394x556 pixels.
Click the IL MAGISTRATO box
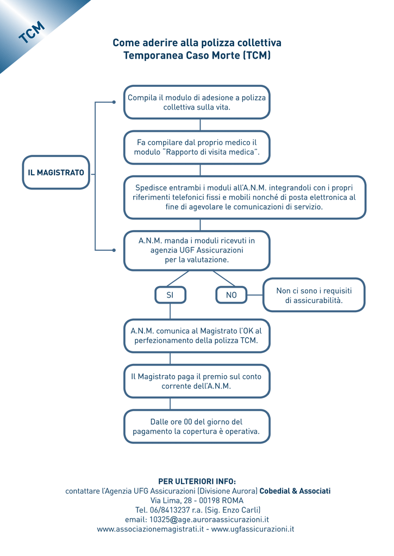(x=56, y=172)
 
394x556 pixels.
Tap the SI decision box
(x=171, y=295)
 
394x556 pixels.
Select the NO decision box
(x=232, y=295)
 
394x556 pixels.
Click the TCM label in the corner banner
(x=32, y=32)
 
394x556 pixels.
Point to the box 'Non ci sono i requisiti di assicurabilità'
(x=314, y=295)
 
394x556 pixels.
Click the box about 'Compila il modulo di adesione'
(x=197, y=102)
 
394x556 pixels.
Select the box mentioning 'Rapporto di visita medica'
(x=197, y=147)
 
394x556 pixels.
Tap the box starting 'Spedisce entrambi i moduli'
(x=245, y=197)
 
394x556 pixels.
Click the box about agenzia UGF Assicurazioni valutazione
(x=197, y=250)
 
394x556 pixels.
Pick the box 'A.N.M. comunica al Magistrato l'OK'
(x=197, y=336)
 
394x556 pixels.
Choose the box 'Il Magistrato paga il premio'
(x=197, y=381)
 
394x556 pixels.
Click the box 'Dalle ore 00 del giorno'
(x=197, y=427)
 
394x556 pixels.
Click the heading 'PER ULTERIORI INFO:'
(x=197, y=481)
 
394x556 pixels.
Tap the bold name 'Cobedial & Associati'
(x=295, y=491)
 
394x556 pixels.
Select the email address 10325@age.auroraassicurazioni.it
(x=209, y=520)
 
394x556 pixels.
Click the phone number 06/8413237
(x=170, y=510)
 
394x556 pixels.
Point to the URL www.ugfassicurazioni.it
(x=253, y=529)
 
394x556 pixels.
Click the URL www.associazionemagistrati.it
(x=151, y=529)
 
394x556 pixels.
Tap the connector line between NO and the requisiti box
(x=255, y=295)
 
